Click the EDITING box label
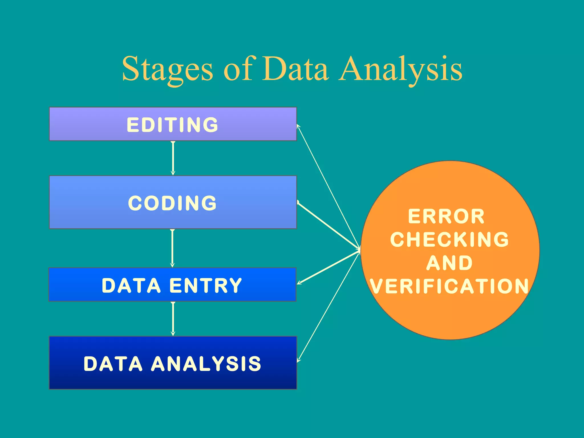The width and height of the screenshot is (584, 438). click(x=173, y=125)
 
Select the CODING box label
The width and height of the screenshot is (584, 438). click(x=173, y=203)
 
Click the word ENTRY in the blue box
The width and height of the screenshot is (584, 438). click(x=206, y=285)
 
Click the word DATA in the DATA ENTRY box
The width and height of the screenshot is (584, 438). click(x=131, y=285)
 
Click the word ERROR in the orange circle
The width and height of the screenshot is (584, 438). click(x=446, y=216)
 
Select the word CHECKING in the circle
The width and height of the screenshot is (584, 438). click(x=449, y=240)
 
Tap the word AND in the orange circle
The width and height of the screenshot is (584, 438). click(x=449, y=263)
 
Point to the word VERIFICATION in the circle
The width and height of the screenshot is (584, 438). click(x=449, y=286)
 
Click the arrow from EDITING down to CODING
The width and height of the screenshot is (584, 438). click(x=173, y=158)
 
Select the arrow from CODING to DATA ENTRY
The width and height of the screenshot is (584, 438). click(x=172, y=248)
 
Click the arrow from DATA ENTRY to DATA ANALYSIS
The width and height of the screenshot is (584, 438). click(x=173, y=319)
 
